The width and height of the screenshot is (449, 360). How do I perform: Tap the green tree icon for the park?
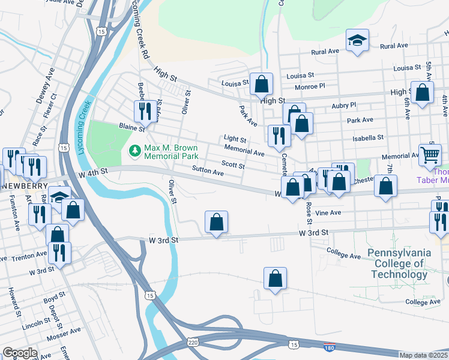(135, 149)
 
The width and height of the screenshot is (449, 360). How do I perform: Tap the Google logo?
(19, 352)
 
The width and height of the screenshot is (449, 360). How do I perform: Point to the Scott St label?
(233, 164)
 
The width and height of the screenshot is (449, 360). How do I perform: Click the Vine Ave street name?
(328, 212)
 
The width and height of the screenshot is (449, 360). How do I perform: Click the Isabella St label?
(368, 137)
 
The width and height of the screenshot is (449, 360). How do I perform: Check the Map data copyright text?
(423, 355)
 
